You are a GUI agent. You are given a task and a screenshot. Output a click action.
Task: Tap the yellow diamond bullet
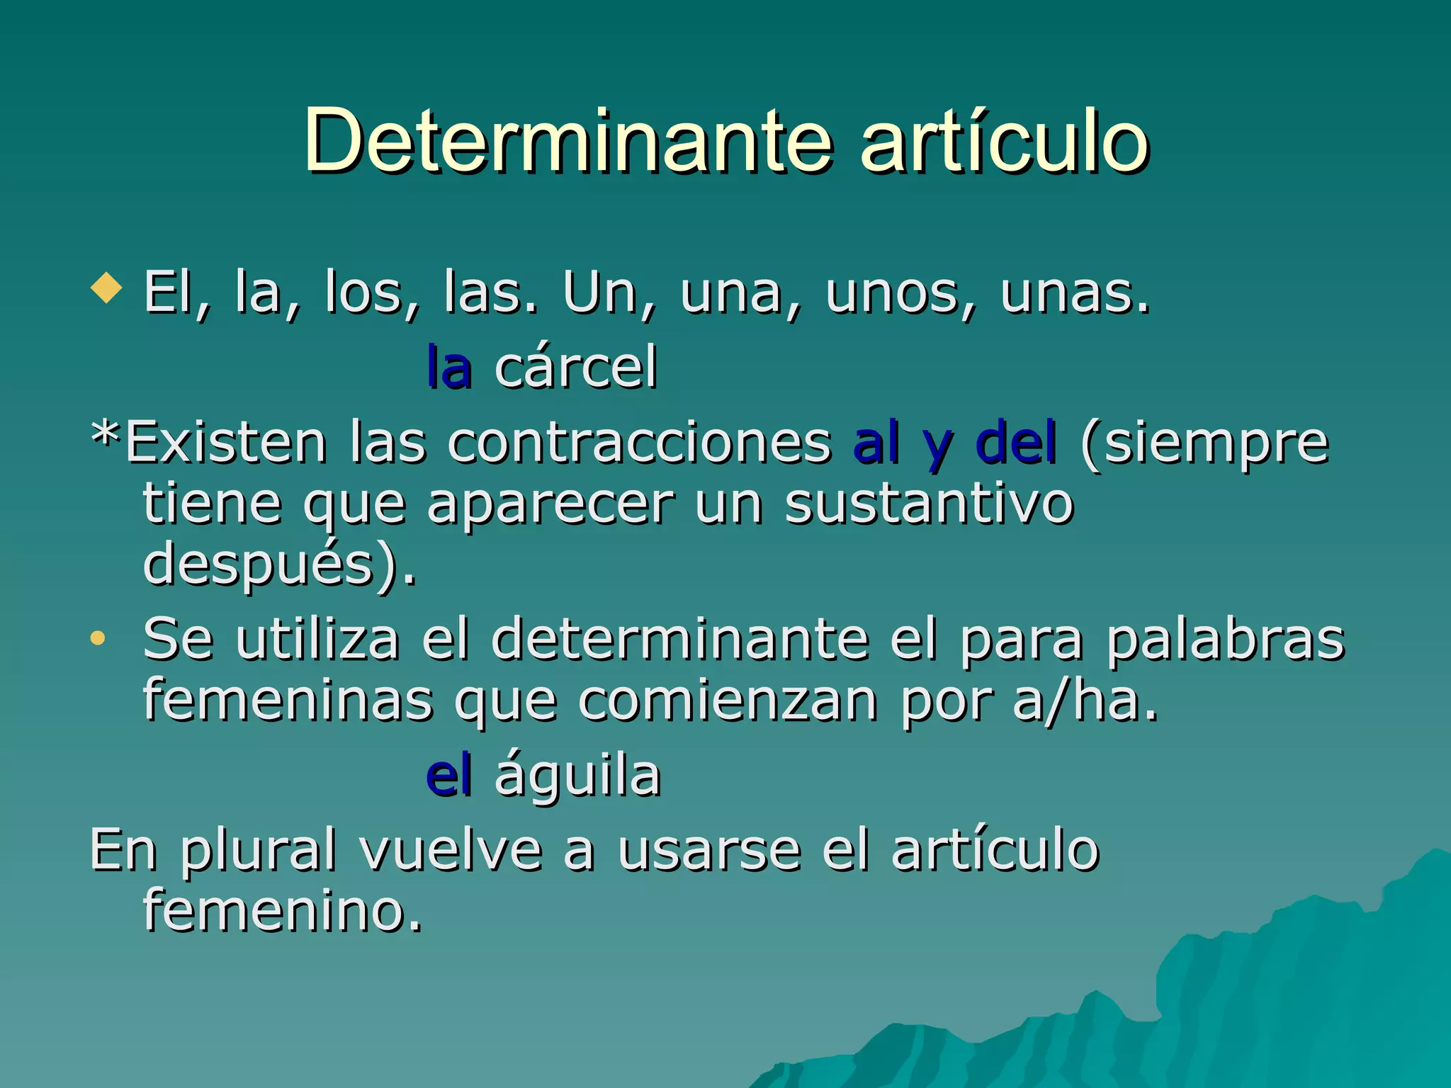107,288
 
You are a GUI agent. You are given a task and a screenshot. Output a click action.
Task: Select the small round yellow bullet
98,638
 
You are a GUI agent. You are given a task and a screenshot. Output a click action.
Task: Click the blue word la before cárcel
449,368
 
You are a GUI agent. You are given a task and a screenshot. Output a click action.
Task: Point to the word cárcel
575,368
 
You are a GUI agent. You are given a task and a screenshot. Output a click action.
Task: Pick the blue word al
876,443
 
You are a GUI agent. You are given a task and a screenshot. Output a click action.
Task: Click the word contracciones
639,443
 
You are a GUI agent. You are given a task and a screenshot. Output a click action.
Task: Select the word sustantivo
929,504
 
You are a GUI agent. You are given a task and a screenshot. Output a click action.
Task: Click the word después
259,565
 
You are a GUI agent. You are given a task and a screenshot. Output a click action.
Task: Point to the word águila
577,776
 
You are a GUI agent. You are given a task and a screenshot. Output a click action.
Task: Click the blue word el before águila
448,776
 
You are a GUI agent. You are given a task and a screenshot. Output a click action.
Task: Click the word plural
258,851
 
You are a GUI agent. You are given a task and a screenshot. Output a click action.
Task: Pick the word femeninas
288,701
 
